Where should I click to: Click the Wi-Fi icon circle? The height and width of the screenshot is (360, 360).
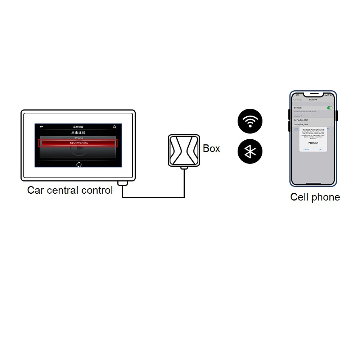(250, 121)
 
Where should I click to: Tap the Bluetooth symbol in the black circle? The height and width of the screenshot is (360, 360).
(250, 152)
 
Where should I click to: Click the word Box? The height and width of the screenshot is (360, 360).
(211, 148)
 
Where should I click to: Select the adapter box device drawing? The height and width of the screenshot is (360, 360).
(184, 150)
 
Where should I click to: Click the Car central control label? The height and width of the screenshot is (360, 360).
(70, 190)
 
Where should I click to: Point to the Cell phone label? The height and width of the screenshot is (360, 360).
(315, 197)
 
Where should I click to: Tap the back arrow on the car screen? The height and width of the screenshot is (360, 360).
(41, 127)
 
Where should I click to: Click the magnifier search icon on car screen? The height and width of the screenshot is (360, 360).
(114, 127)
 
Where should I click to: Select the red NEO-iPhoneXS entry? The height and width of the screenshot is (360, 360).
(78, 143)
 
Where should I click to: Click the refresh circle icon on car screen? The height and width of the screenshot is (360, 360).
(79, 164)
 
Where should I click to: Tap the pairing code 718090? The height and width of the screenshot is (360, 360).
(312, 143)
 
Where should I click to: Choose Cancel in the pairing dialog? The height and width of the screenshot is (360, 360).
(306, 149)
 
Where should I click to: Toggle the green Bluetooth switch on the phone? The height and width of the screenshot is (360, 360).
(329, 108)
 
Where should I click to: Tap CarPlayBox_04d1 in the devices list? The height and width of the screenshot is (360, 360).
(301, 120)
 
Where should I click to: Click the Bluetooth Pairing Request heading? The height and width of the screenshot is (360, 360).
(313, 130)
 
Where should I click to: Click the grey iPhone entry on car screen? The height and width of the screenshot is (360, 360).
(78, 138)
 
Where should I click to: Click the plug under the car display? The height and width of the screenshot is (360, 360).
(123, 183)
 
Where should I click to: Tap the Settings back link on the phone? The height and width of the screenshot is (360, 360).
(297, 100)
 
